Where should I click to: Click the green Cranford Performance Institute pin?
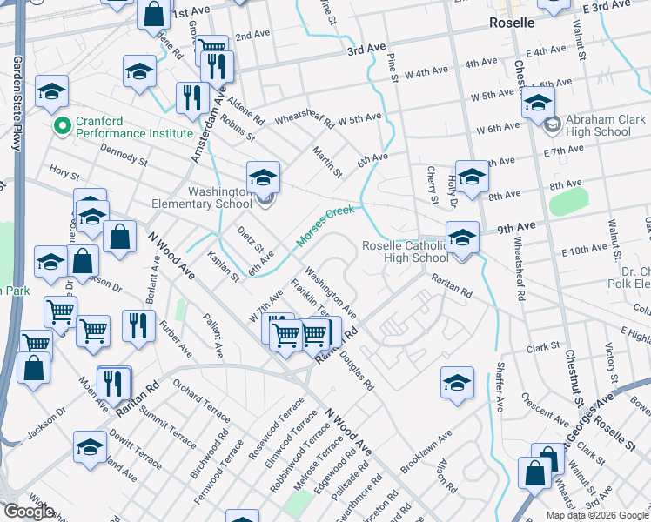point(62,127)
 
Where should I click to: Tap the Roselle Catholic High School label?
point(405,251)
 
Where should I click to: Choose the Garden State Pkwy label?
point(17,104)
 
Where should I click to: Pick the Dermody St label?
point(124,155)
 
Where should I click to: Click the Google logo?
point(29,512)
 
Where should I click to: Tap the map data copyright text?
point(598,515)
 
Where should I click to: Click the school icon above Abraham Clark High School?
point(538,103)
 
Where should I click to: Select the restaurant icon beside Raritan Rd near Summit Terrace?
point(113,382)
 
